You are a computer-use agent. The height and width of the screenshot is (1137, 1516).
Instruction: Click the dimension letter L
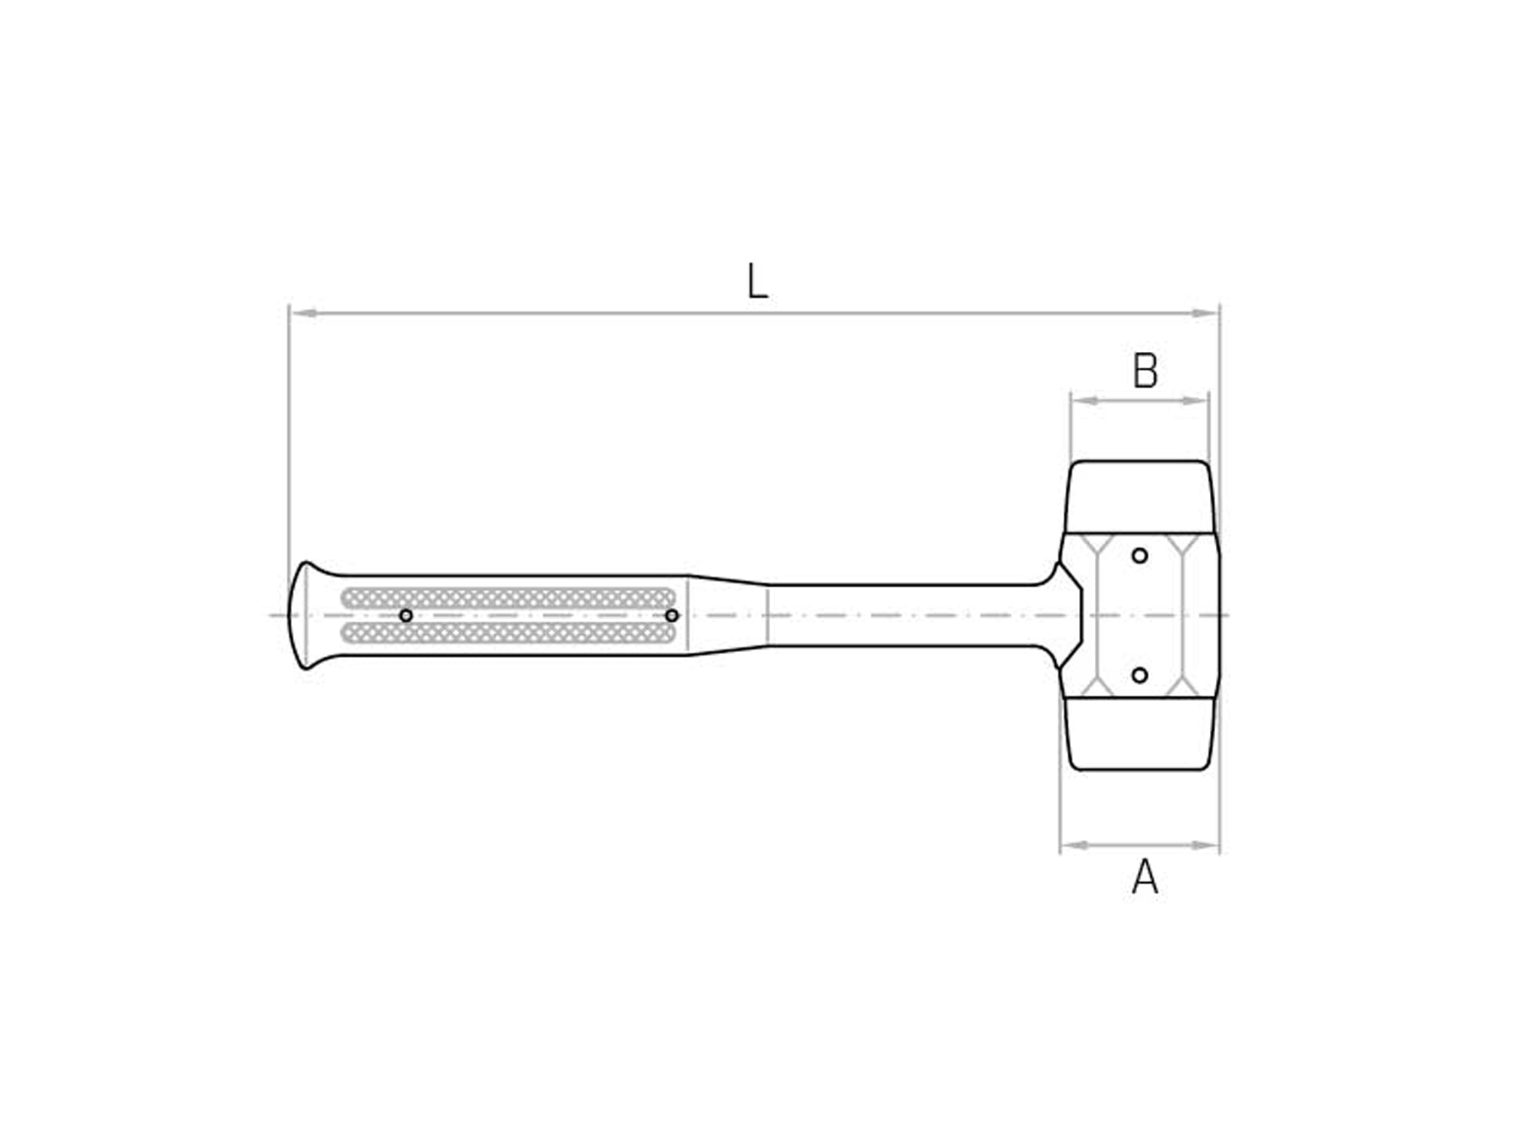pos(757,282)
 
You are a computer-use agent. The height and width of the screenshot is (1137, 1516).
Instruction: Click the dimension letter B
pos(1145,371)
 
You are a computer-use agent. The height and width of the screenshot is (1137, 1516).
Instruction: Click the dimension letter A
pos(1145,877)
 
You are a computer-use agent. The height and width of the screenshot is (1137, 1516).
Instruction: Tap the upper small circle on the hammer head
pos(1140,556)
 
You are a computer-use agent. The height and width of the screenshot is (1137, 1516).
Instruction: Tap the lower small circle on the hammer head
pos(1140,675)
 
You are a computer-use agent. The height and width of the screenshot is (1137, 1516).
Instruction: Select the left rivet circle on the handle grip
pos(406,616)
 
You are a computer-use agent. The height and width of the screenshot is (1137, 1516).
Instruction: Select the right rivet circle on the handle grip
pos(672,616)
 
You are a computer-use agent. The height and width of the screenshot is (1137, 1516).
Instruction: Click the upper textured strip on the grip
pos(508,598)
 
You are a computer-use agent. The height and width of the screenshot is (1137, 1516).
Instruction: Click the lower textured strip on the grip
pos(508,633)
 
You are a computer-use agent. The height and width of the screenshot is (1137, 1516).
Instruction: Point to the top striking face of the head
pos(1140,496)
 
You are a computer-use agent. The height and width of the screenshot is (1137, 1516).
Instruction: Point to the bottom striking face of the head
pos(1140,734)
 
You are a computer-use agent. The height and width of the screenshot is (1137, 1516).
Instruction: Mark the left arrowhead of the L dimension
pos(302,313)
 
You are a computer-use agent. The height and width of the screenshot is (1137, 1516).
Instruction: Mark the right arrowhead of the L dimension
pos(1205,313)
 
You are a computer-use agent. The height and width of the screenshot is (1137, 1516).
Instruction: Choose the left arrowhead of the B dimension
pos(1084,401)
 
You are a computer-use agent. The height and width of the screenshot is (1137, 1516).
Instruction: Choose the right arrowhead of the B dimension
pos(1196,401)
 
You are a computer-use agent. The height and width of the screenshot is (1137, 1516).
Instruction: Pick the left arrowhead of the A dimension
pos(1073,845)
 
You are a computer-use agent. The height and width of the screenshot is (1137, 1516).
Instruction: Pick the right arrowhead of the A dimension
pos(1206,845)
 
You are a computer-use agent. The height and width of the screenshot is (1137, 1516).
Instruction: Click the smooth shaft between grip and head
pos(902,615)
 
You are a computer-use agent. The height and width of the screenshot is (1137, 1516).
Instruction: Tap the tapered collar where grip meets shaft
pos(727,615)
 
